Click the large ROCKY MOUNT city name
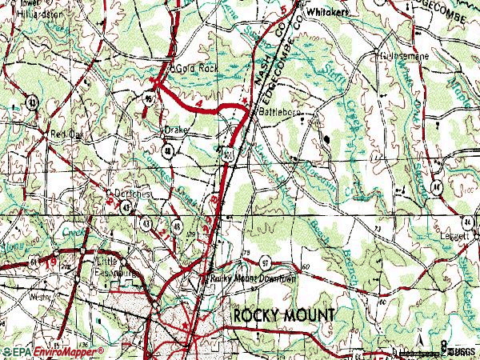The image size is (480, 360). point(284,314)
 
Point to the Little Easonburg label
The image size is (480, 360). point(113,266)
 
